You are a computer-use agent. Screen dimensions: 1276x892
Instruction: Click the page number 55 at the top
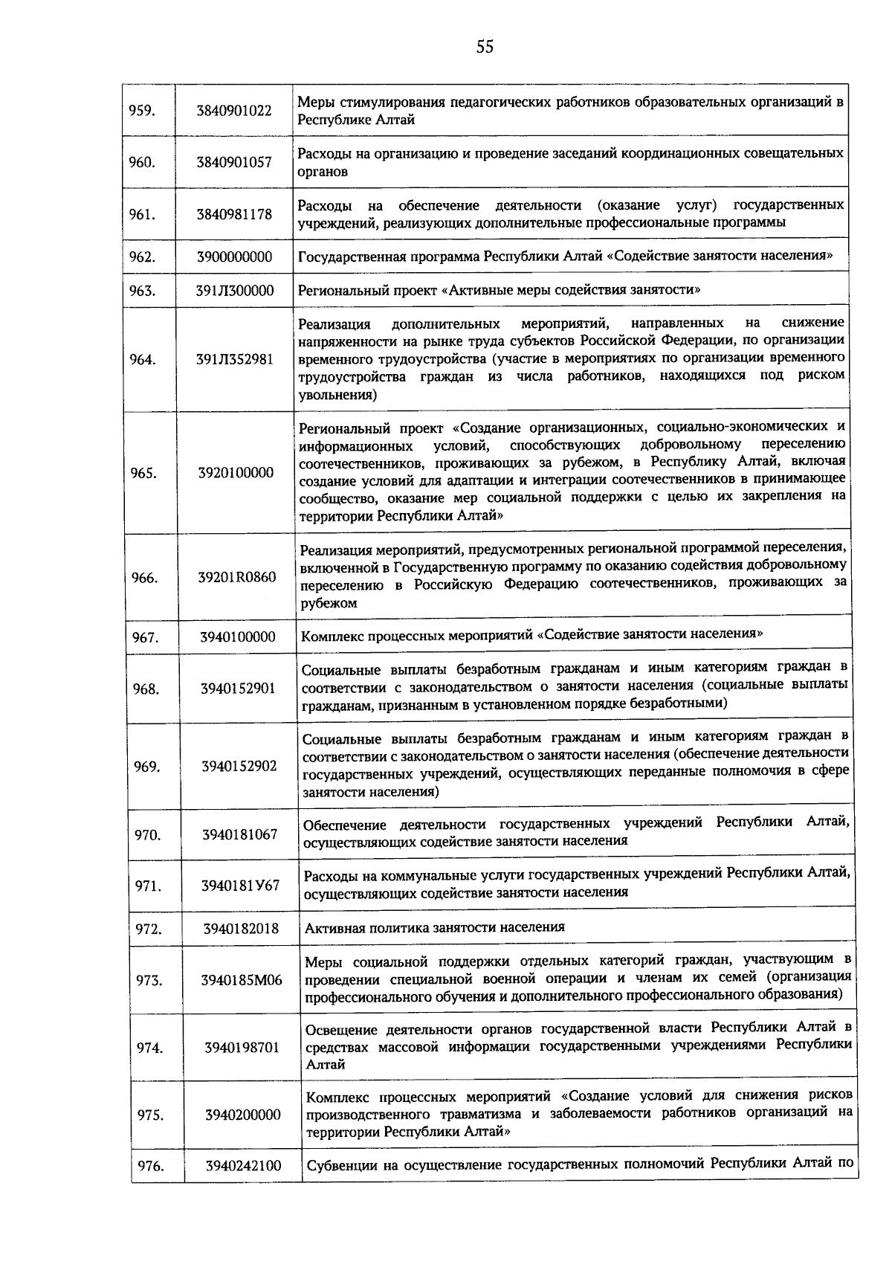(485, 48)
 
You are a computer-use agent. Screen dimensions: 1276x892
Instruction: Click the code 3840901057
(234, 162)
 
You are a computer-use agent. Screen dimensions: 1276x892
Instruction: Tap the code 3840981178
(234, 214)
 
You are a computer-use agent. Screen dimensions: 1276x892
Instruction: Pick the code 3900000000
(234, 257)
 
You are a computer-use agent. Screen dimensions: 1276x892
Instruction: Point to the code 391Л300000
(235, 290)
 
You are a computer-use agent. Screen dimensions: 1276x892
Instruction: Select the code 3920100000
(236, 472)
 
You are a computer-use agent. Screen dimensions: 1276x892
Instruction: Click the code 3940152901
(238, 689)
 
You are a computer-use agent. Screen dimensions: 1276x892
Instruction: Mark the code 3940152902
(239, 766)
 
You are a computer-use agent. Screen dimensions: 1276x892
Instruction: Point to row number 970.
(147, 834)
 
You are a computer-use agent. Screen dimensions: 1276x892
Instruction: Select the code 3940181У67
(240, 886)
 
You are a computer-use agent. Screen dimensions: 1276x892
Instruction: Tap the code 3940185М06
(242, 980)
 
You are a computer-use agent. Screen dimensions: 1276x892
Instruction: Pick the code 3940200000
(243, 1115)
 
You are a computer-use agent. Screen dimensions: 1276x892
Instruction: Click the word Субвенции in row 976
(342, 1165)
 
